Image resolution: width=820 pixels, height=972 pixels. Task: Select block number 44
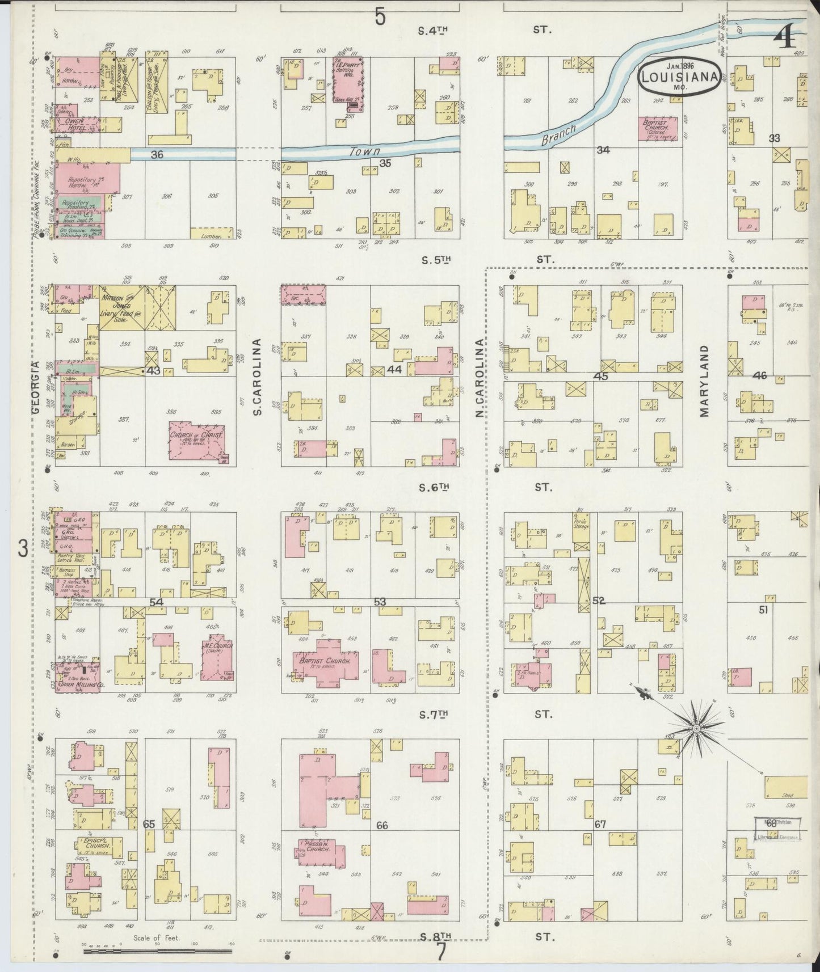click(394, 369)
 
